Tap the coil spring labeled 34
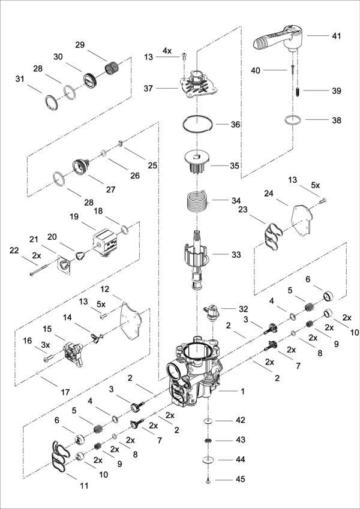(x=197, y=200)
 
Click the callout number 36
(x=235, y=125)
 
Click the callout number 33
(x=236, y=255)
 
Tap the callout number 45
(x=241, y=480)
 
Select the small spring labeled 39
(x=298, y=92)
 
